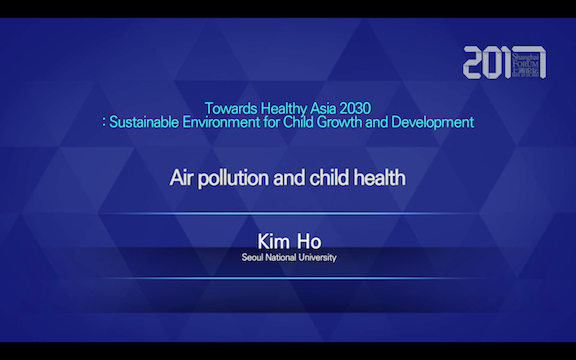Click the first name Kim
[273, 240]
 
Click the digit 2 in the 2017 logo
[474, 62]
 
